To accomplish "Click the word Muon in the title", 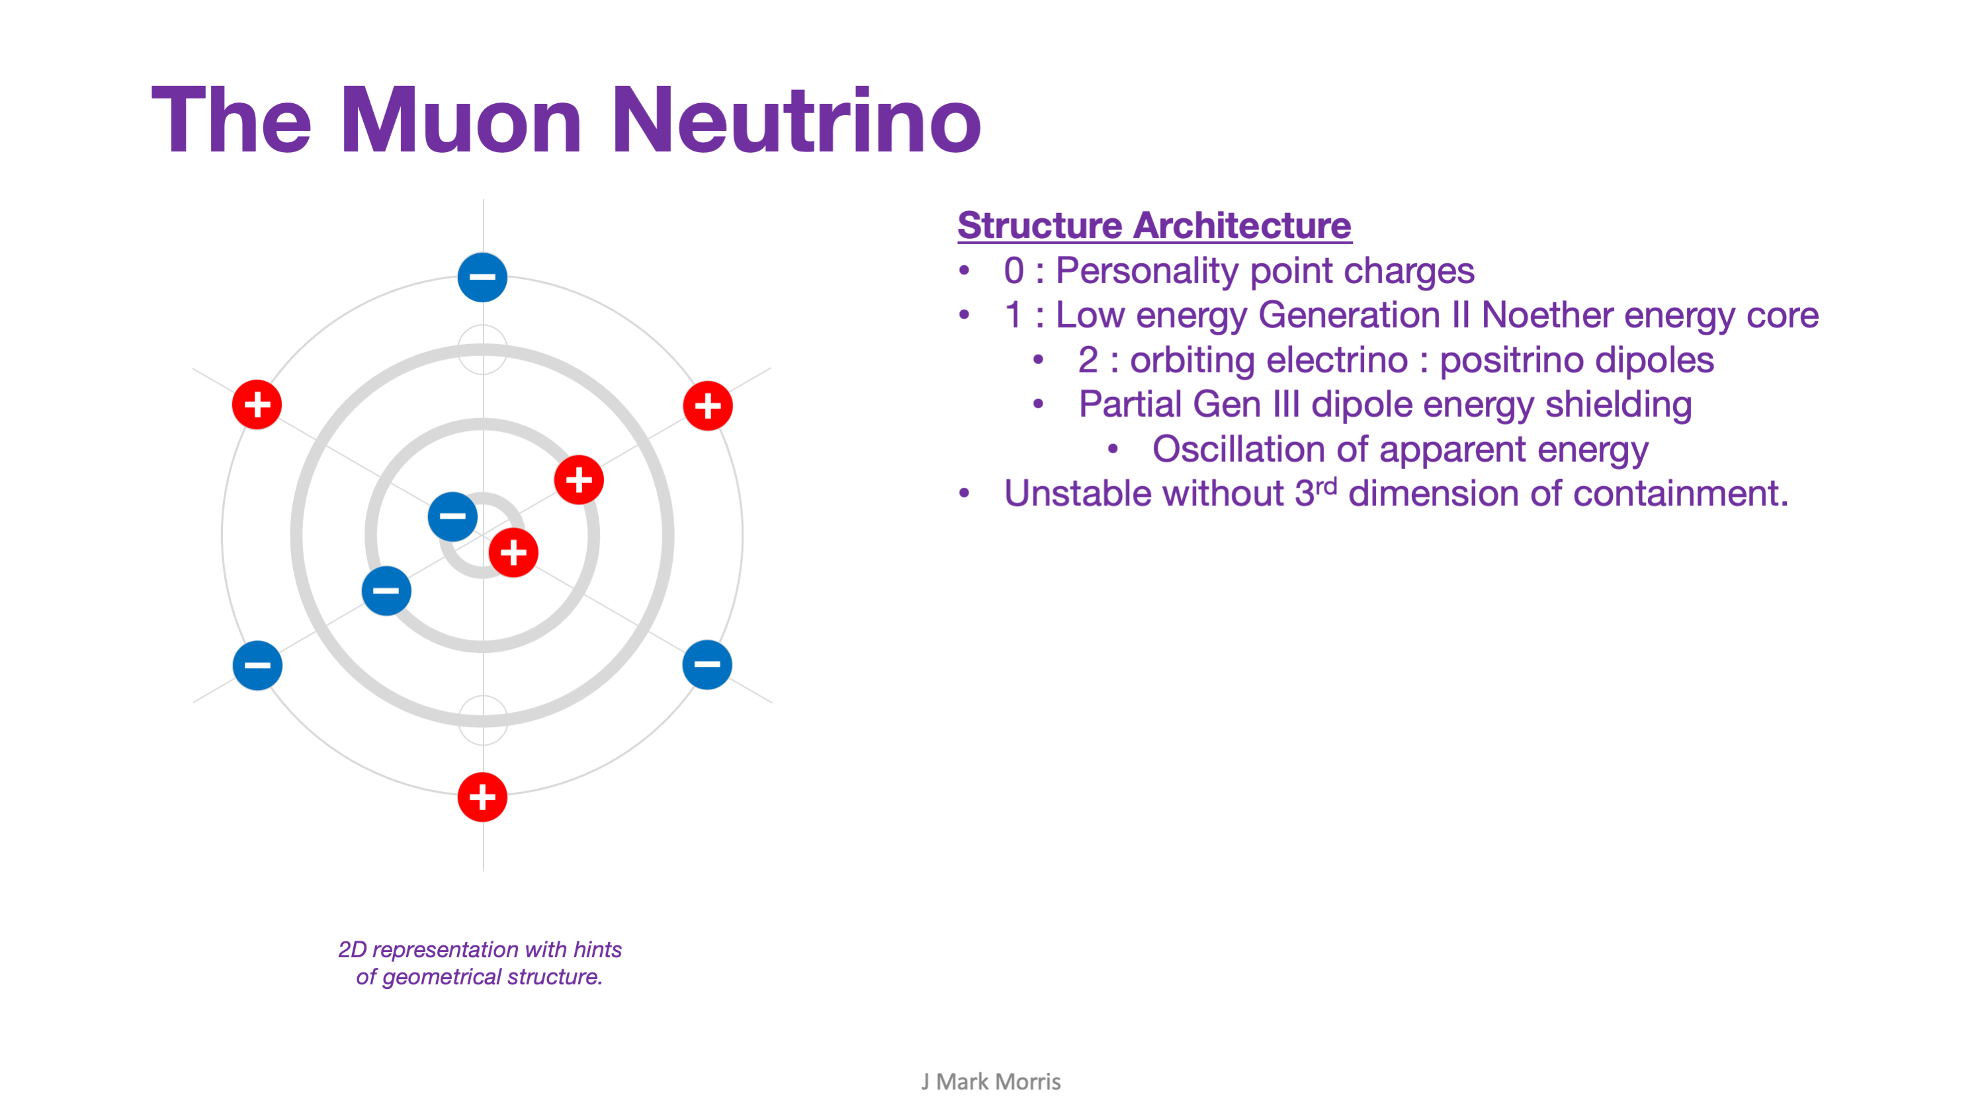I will pyautogui.click(x=460, y=121).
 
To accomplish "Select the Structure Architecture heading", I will pyautogui.click(x=1154, y=226).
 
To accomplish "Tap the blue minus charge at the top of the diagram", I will pyautogui.click(x=482, y=277).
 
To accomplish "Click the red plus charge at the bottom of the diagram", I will pyautogui.click(x=482, y=796).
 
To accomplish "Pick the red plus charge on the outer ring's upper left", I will pyautogui.click(x=257, y=404).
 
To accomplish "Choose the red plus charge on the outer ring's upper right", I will pyautogui.click(x=707, y=406).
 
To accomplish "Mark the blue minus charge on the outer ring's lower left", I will pyautogui.click(x=257, y=665).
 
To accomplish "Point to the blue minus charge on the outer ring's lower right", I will pyautogui.click(x=707, y=664).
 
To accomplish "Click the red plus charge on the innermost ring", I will pyautogui.click(x=513, y=552).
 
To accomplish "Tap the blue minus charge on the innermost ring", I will pyautogui.click(x=452, y=516).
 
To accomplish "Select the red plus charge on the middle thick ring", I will pyautogui.click(x=578, y=480).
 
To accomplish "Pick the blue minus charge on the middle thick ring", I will pyautogui.click(x=386, y=591).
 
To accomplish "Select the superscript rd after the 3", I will pyautogui.click(x=1326, y=486).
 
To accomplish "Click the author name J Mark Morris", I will pyautogui.click(x=991, y=1082).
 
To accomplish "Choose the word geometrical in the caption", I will pyautogui.click(x=441, y=976).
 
